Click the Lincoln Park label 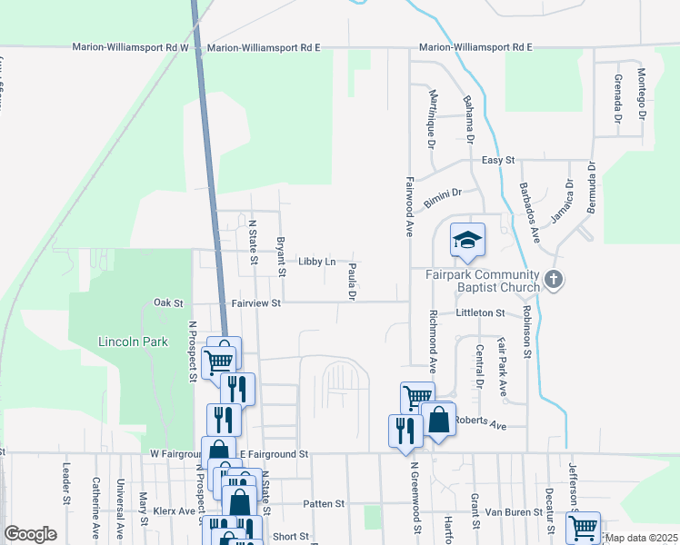coord(134,342)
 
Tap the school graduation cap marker coord(467,240)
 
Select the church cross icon coord(554,281)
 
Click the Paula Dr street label coord(351,282)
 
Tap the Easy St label coord(498,160)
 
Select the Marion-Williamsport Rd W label coord(130,47)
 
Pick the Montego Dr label coord(641,95)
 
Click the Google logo coord(30,534)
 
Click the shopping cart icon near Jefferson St coord(582,526)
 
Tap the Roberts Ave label coord(479,422)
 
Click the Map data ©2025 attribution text coord(642,538)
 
